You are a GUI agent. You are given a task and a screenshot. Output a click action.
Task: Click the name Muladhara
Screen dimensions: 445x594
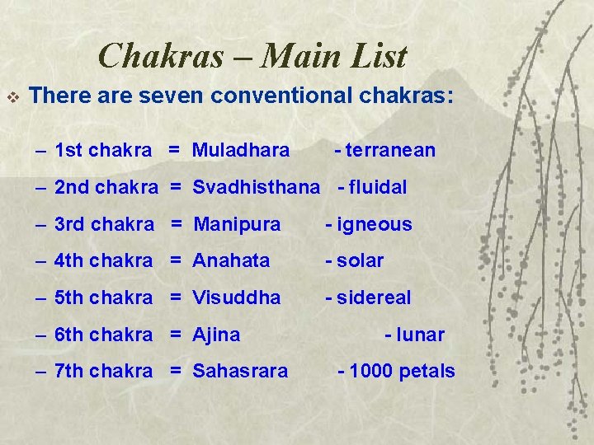pos(241,150)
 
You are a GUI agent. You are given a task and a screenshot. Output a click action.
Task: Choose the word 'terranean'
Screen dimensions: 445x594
pos(390,150)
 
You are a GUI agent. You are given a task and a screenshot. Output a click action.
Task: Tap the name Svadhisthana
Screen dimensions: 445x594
pos(256,187)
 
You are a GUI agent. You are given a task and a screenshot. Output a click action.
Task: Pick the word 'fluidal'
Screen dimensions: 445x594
pos(378,187)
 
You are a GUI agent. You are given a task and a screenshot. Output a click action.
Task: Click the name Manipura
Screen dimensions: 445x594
pos(237,224)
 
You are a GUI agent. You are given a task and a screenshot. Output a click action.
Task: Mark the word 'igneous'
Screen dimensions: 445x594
pos(374,224)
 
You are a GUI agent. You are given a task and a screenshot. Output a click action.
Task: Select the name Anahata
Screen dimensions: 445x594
pos(231,261)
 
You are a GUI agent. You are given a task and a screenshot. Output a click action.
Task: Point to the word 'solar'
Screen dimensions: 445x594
pos(360,261)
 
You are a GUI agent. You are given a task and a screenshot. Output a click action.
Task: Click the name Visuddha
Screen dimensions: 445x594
pos(237,297)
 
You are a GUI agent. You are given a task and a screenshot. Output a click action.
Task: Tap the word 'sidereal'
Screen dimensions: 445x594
pos(373,297)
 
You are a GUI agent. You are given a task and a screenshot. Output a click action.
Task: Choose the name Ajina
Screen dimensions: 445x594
pos(217,335)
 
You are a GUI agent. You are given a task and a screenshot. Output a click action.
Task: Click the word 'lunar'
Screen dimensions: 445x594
pos(420,335)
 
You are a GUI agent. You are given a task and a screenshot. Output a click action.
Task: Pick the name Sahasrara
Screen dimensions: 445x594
pos(240,371)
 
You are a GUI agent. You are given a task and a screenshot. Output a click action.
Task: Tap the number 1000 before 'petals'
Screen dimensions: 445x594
pos(370,371)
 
